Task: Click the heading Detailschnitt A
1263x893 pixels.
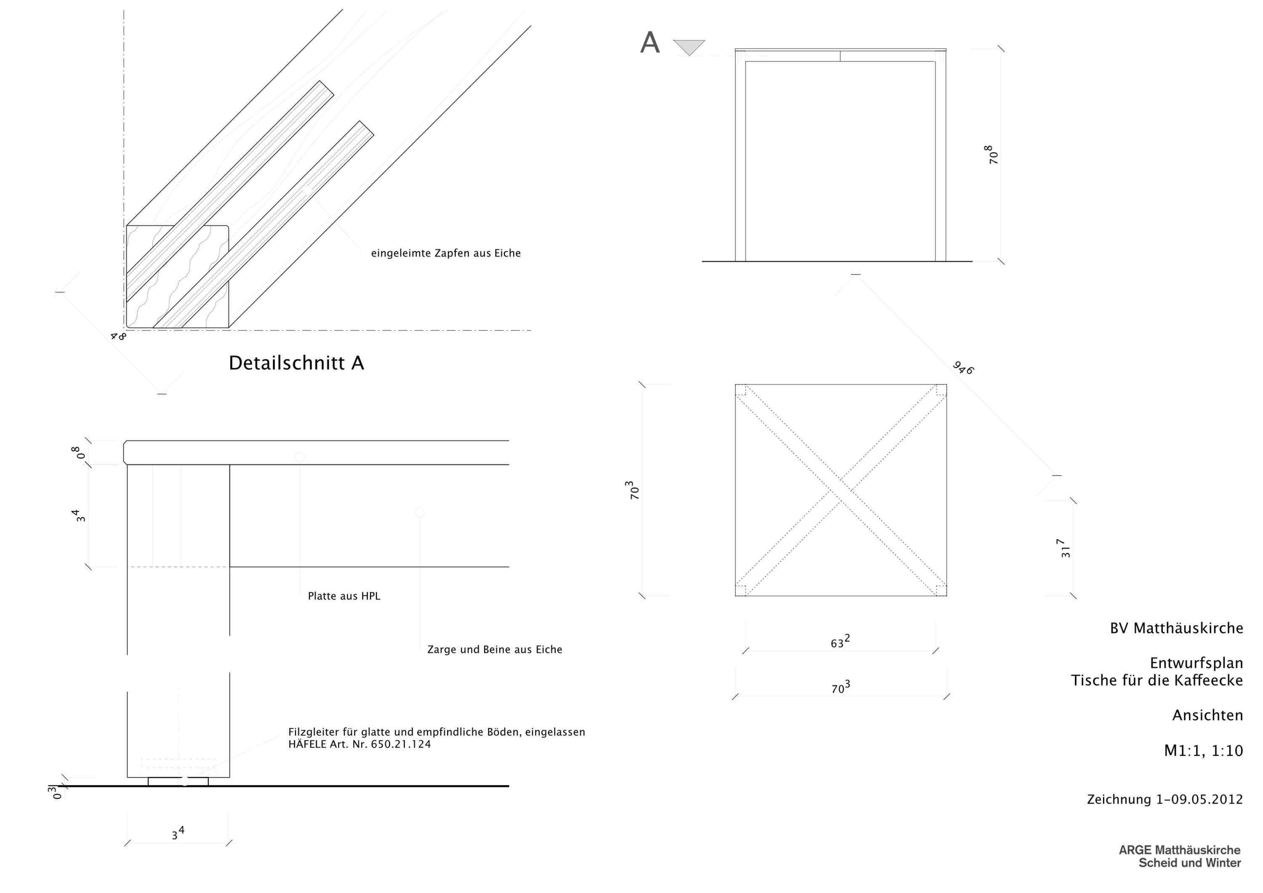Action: pyautogui.click(x=296, y=363)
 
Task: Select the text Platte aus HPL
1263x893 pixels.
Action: pyautogui.click(x=344, y=596)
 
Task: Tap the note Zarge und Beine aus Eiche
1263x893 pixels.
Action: pyautogui.click(x=495, y=649)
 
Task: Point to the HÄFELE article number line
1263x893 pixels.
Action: pyautogui.click(x=360, y=744)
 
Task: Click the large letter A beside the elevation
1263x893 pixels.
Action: pyautogui.click(x=650, y=43)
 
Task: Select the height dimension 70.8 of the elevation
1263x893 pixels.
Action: pyautogui.click(x=992, y=154)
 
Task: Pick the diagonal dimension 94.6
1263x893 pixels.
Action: pyautogui.click(x=963, y=367)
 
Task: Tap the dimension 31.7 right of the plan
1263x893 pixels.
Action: pyautogui.click(x=1066, y=548)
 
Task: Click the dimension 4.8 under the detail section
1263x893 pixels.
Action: pyautogui.click(x=118, y=335)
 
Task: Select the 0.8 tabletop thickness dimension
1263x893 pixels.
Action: pyautogui.click(x=78, y=453)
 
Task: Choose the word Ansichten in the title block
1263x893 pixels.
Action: pyautogui.click(x=1208, y=715)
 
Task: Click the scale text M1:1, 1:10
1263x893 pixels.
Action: pyautogui.click(x=1204, y=751)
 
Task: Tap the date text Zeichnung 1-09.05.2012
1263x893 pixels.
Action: pyautogui.click(x=1165, y=799)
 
